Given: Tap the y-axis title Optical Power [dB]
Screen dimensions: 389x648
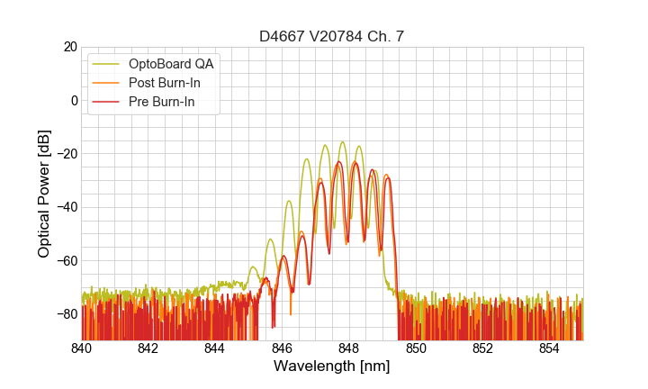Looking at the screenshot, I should point(44,194).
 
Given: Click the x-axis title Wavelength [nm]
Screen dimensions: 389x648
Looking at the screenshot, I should point(332,366).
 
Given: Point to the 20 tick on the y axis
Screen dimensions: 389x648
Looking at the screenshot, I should point(69,47).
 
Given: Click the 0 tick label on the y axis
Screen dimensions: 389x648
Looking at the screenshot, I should point(74,100).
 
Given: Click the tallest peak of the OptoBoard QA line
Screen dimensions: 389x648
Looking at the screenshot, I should point(343,142).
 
